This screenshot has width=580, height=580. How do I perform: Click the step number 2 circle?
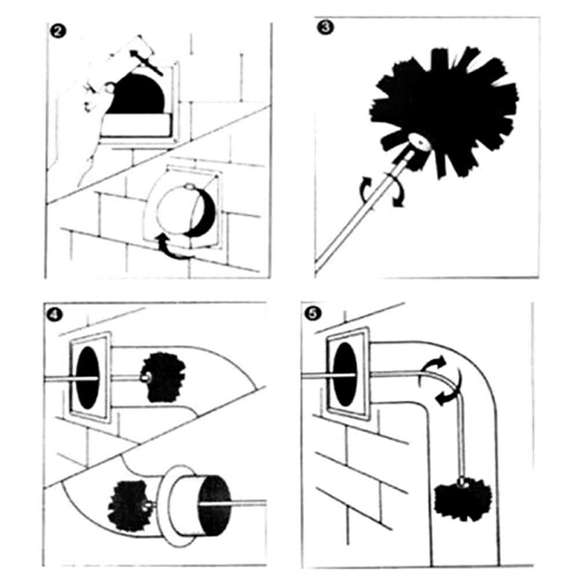click(x=57, y=31)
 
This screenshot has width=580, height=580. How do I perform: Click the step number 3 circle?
click(x=325, y=28)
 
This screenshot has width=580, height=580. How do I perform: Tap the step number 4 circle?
click(x=54, y=315)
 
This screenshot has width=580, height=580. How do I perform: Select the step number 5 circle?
click(x=312, y=314)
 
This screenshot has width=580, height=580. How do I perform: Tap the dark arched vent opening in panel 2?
click(x=136, y=94)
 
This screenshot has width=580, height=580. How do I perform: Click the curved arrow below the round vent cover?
click(x=174, y=247)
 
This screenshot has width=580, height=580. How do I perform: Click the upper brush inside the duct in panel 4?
click(x=163, y=377)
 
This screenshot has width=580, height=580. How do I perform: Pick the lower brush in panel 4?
click(x=127, y=505)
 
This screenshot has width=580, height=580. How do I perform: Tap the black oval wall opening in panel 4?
click(x=87, y=377)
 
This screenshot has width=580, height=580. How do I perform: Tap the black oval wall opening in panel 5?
click(x=346, y=374)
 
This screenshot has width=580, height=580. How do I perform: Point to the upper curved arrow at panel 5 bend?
click(x=431, y=368)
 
